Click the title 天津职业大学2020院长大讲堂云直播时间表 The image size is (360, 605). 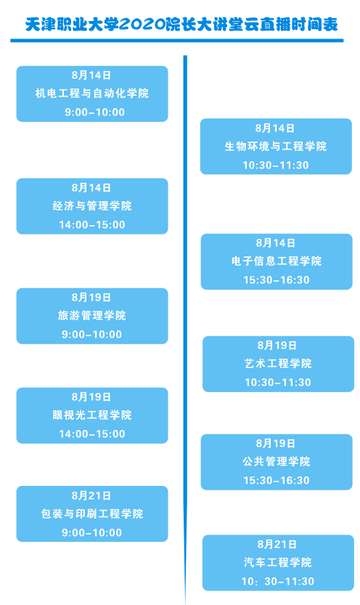pyautogui.click(x=181, y=25)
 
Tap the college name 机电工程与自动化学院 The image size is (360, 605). pyautogui.click(x=91, y=94)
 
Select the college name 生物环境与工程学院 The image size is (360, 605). pyautogui.click(x=276, y=146)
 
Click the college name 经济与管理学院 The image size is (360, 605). pyautogui.click(x=91, y=206)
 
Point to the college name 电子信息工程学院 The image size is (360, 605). pyautogui.click(x=277, y=261)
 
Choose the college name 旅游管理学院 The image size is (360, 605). pyautogui.click(x=91, y=316)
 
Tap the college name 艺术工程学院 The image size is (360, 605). pyautogui.click(x=278, y=363)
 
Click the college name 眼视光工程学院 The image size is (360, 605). pyautogui.click(x=91, y=415)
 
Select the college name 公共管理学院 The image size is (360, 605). pyautogui.click(x=277, y=461)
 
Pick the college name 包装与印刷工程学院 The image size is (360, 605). pyautogui.click(x=91, y=514)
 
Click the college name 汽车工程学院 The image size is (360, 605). pyautogui.click(x=277, y=563)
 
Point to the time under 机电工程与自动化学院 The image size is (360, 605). pyautogui.click(x=95, y=113)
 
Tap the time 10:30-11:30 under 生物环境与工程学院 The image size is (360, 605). pyautogui.click(x=276, y=165)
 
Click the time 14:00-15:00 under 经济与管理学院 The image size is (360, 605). pyautogui.click(x=91, y=224)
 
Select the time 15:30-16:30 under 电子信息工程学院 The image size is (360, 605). pyautogui.click(x=277, y=280)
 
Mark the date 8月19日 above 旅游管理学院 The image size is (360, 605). pyautogui.click(x=91, y=298)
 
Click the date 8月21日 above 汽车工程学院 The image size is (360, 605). pyautogui.click(x=277, y=545)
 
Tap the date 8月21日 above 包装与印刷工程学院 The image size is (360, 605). pyautogui.click(x=91, y=495)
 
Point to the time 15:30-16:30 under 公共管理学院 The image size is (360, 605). pyautogui.click(x=277, y=480)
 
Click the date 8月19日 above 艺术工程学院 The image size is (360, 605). pyautogui.click(x=277, y=345)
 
